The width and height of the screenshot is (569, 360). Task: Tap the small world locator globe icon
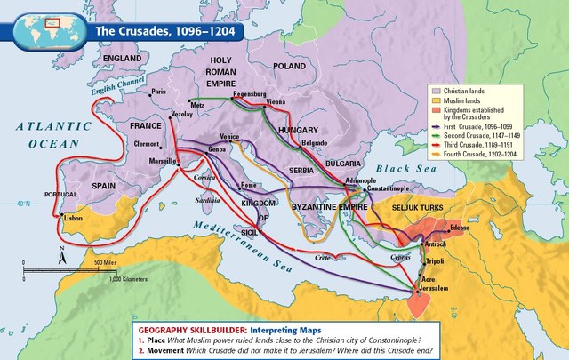[55, 27]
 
